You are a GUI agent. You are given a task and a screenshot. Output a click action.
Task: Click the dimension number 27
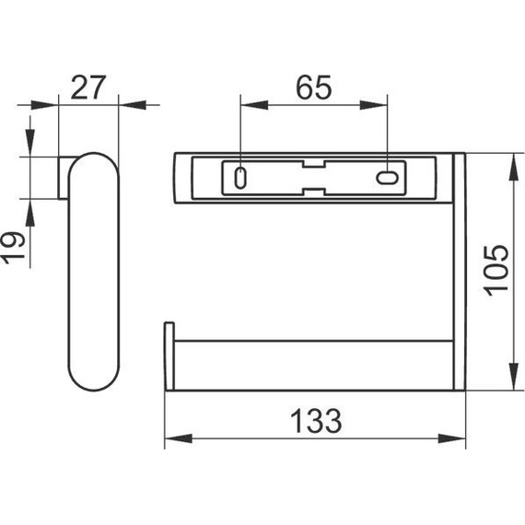pos(88,87)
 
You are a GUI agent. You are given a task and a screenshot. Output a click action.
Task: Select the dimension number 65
pos(314,87)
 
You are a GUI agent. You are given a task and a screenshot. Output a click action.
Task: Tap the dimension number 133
pos(316,421)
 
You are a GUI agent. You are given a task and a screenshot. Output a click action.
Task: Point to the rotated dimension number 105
pos(496,271)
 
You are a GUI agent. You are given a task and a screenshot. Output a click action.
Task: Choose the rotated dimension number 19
pos(13,248)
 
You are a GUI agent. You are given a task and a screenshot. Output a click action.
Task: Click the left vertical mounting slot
pos(240,178)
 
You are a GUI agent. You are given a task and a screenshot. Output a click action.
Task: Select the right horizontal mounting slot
pos(387,178)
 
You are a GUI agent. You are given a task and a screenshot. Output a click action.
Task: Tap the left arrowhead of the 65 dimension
pos(254,105)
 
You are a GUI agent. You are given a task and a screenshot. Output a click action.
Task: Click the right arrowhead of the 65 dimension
pos(374,105)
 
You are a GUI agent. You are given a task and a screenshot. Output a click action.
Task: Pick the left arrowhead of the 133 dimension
pos(179,438)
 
